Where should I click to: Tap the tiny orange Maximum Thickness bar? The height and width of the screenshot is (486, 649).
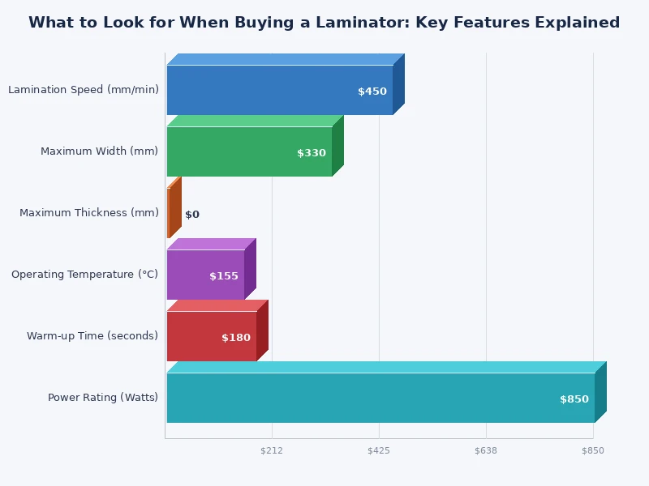click(x=169, y=213)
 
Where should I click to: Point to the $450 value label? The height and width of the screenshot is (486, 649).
click(x=372, y=92)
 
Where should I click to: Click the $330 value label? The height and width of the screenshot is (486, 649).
click(x=312, y=153)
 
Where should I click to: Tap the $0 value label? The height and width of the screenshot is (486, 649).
click(x=192, y=215)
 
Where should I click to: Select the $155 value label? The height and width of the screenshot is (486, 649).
click(x=224, y=276)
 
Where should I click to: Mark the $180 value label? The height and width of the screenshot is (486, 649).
click(x=236, y=338)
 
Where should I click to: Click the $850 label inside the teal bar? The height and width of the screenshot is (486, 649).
click(x=574, y=399)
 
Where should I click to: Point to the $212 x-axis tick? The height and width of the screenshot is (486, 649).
click(x=272, y=450)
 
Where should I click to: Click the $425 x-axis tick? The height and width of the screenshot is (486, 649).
click(x=379, y=450)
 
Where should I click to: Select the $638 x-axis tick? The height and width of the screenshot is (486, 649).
click(x=486, y=450)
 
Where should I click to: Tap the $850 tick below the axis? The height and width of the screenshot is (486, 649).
click(x=593, y=450)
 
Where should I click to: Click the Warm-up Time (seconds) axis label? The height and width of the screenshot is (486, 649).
click(x=92, y=336)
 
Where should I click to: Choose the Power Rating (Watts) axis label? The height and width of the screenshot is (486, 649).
click(x=103, y=398)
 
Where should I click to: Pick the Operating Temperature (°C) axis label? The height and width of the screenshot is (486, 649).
click(x=85, y=275)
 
